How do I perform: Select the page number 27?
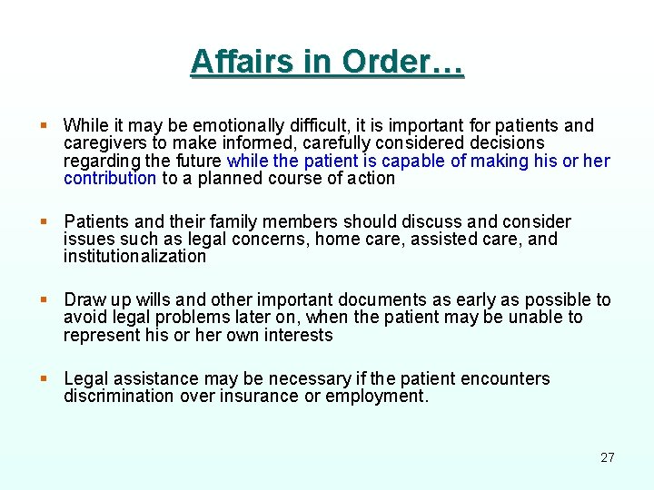(608, 457)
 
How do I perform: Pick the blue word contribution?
(110, 179)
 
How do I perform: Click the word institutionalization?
(135, 257)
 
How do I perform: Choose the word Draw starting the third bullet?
(84, 300)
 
